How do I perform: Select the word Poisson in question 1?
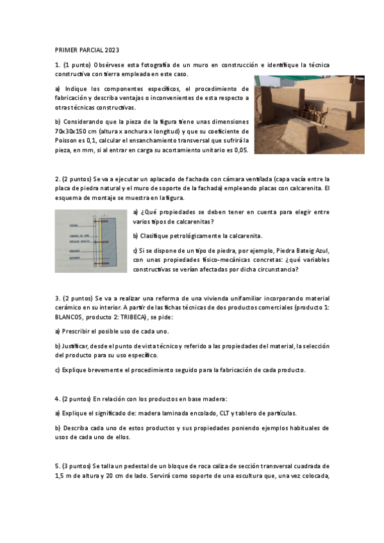70,139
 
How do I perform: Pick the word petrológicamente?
192,236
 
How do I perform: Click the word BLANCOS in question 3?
71,317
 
